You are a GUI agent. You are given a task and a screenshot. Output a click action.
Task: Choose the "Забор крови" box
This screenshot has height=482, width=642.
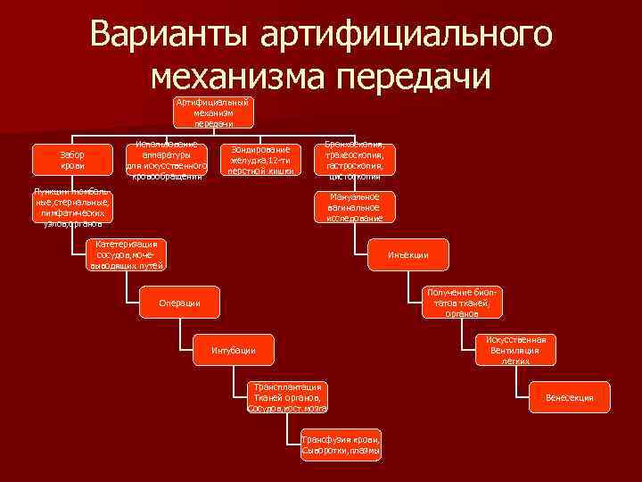tap(72, 160)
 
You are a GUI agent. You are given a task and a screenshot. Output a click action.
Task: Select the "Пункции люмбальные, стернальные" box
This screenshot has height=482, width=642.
tap(72, 208)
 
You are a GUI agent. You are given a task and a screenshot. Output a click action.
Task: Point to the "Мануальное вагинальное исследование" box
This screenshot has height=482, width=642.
tap(354, 207)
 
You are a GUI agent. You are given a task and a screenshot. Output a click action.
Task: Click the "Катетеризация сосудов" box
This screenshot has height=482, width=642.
tap(126, 254)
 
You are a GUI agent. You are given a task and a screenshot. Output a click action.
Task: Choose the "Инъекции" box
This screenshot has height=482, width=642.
tap(407, 255)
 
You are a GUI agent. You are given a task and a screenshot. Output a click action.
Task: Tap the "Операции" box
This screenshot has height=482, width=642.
tap(179, 304)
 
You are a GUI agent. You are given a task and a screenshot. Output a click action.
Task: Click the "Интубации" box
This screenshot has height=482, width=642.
tap(234, 350)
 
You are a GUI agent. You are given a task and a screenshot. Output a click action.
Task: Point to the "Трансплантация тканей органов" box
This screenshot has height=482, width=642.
tap(287, 397)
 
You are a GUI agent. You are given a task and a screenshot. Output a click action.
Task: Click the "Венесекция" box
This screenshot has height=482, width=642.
tap(569, 397)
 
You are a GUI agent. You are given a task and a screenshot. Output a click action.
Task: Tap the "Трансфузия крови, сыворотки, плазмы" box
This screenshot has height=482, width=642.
tap(341, 445)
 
